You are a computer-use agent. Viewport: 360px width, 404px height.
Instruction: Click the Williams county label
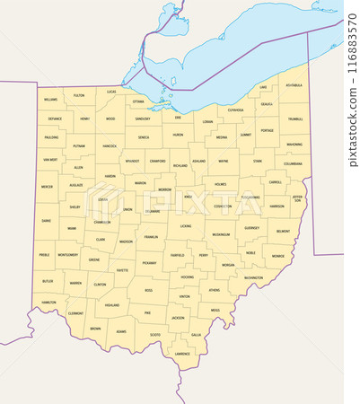coord(50,100)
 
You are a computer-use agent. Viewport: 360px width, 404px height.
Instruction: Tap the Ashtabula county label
coord(294,85)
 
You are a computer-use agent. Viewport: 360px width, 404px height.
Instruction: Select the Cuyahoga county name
coord(235,110)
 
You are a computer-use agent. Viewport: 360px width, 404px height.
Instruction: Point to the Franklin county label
coord(152,237)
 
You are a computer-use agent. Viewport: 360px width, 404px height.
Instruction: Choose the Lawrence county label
coord(182,354)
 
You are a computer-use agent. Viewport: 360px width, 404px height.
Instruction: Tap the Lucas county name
coord(111,92)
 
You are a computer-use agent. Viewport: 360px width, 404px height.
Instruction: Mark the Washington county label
coord(253,277)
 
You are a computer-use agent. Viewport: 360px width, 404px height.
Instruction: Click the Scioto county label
coord(155,334)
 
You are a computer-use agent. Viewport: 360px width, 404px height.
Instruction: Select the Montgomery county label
coord(67,255)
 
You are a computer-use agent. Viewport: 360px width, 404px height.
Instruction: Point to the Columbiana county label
coord(293,164)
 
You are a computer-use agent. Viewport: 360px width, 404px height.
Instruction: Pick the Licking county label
coord(185,226)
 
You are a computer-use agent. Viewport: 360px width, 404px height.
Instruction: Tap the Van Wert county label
coord(48,159)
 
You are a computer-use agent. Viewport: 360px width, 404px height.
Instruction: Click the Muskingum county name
coord(221,234)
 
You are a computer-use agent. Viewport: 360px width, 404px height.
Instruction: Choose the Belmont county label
coord(283,231)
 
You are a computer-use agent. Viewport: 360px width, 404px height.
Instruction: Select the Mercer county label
coord(47,187)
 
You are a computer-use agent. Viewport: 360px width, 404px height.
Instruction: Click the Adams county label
coord(120,331)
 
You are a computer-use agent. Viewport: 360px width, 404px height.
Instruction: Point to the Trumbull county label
coord(294,119)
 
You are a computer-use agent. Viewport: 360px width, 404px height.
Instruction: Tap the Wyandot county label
coord(133,162)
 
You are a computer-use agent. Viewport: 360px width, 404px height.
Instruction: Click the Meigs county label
coord(215,310)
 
